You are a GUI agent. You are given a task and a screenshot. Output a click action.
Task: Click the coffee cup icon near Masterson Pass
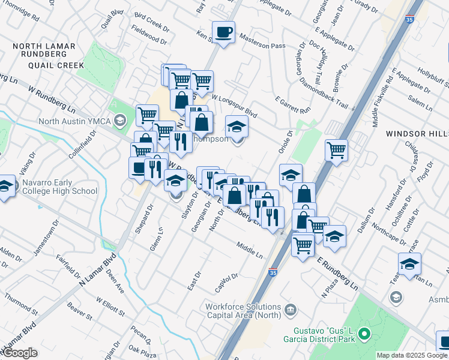coord(224,32)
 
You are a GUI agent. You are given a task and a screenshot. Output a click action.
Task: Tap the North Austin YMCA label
coord(75,121)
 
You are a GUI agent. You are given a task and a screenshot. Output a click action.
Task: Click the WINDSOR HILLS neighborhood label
coord(417,133)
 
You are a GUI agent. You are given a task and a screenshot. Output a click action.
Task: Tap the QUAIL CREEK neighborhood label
coord(43,65)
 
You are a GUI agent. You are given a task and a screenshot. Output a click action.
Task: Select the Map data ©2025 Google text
coord(412,355)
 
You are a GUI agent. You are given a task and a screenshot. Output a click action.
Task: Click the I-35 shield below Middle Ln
coord(273,272)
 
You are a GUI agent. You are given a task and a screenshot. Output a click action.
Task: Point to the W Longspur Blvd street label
coord(234,105)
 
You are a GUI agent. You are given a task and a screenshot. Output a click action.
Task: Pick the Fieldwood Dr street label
coord(148,35)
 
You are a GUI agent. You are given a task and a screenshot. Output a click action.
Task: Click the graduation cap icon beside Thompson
coord(237,127)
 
